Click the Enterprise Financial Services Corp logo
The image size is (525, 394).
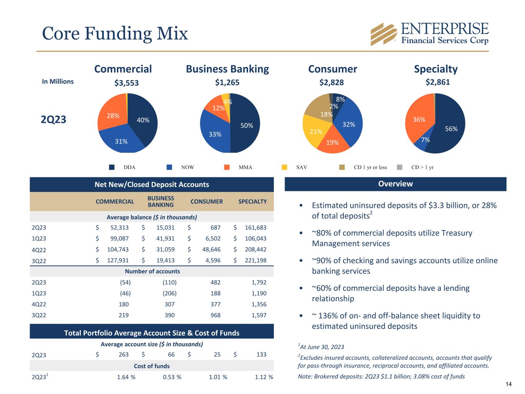(x=429, y=34)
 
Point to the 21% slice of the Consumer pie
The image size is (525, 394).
(x=315, y=131)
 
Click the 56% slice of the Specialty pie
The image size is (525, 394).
(x=451, y=128)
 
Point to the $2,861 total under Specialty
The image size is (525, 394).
(x=438, y=82)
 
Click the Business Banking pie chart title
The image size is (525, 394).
(x=227, y=69)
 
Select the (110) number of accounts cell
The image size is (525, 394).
(x=170, y=282)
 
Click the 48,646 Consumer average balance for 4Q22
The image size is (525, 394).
(x=210, y=249)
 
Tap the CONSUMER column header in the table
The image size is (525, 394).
(x=207, y=202)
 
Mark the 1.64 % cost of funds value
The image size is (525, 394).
(x=126, y=377)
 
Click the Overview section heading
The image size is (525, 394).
(x=395, y=184)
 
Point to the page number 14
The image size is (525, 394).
(x=508, y=384)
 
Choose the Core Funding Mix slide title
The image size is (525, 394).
(x=115, y=33)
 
